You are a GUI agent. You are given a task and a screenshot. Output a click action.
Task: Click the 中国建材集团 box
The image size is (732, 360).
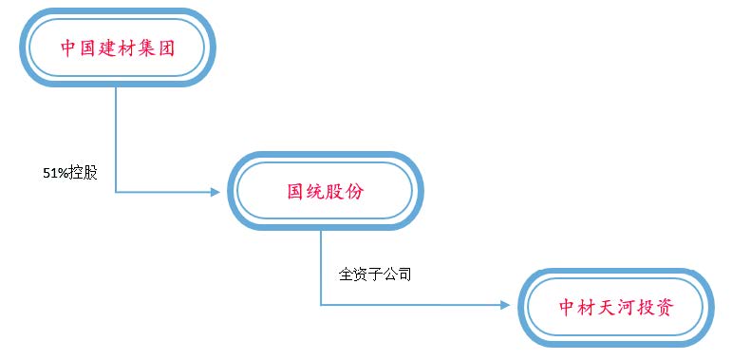tap(119, 47)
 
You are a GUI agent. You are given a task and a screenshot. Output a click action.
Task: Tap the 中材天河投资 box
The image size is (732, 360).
tap(615, 307)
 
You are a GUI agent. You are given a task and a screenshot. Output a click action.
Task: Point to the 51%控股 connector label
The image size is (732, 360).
tap(70, 174)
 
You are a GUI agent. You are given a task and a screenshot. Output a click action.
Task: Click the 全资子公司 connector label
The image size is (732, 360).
tap(375, 275)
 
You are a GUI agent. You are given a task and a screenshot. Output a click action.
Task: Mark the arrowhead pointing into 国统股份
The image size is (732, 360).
tap(214, 192)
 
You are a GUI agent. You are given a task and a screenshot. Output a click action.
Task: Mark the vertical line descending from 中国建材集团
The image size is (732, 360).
tap(116, 138)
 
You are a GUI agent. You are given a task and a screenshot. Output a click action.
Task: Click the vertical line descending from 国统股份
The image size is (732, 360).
tap(321, 266)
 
